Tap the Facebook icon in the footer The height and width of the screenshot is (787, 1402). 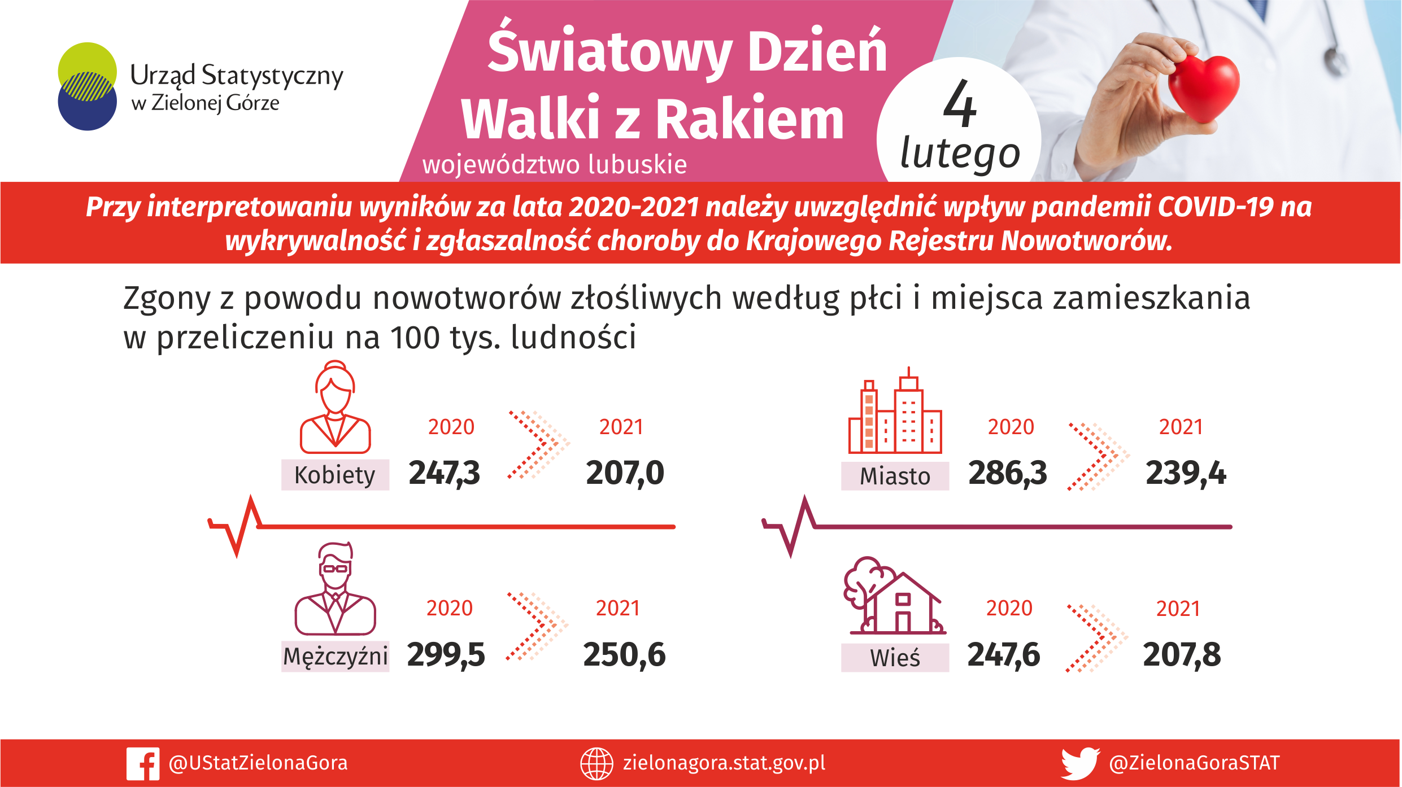pos(143,764)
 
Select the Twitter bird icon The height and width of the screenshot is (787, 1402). pos(1080,764)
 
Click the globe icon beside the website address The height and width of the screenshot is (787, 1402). pos(596,764)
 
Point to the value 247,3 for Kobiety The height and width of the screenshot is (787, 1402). pos(444,473)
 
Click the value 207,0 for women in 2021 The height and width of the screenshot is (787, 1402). pos(625,473)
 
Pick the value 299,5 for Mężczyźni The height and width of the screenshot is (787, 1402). pos(446,655)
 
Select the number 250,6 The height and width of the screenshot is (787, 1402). pos(624,655)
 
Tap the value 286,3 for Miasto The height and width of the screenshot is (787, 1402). pos(1007,473)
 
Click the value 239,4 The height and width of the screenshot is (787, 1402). pos(1186,473)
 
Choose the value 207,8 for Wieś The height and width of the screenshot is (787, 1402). pos(1182,655)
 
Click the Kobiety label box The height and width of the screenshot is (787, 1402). pos(335,475)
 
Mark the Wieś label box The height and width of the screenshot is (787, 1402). pos(895,658)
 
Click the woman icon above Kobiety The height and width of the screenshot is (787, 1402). pos(336,407)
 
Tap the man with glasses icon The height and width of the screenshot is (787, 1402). pos(336,589)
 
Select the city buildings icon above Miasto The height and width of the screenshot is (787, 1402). pos(895,410)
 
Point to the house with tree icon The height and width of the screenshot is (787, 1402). pos(895,596)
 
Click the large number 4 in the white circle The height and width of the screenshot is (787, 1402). pos(960,104)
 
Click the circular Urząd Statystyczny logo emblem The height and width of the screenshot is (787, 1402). pos(88,86)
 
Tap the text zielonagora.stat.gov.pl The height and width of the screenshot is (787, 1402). pos(724,763)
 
